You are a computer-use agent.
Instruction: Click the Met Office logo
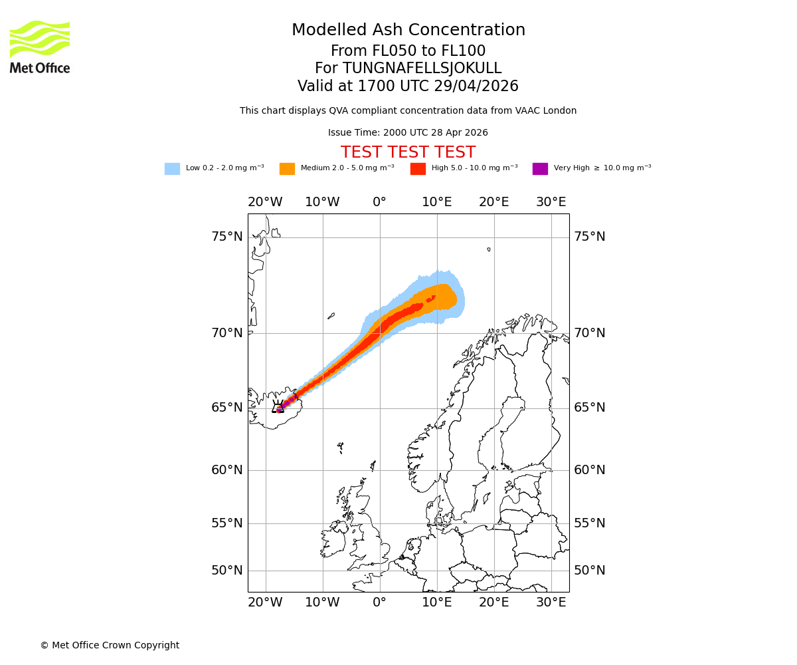tap(40, 47)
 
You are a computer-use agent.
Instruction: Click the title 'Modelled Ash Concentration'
tap(408, 31)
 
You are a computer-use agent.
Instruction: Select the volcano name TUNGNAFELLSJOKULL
tap(422, 68)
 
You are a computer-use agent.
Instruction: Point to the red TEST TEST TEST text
tap(408, 152)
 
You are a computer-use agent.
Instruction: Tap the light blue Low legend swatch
tap(172, 169)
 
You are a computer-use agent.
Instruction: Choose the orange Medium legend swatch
tap(287, 169)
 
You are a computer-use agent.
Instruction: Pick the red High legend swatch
tap(418, 169)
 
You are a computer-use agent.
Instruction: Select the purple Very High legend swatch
tap(540, 169)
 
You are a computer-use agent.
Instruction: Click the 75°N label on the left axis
tap(227, 237)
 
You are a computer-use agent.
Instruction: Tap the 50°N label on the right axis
tap(590, 571)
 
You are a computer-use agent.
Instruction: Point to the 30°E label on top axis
tap(551, 202)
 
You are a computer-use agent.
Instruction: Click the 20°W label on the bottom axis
tap(265, 602)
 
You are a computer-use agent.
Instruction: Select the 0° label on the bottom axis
tap(379, 602)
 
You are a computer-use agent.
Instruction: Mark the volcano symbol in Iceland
tap(278, 407)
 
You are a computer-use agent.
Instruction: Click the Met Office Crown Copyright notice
tap(110, 646)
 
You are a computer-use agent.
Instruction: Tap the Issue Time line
tap(408, 133)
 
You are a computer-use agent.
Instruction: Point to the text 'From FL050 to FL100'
tap(408, 51)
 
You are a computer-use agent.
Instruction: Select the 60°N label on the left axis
tap(227, 470)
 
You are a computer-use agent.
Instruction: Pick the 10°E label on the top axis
tap(437, 202)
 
